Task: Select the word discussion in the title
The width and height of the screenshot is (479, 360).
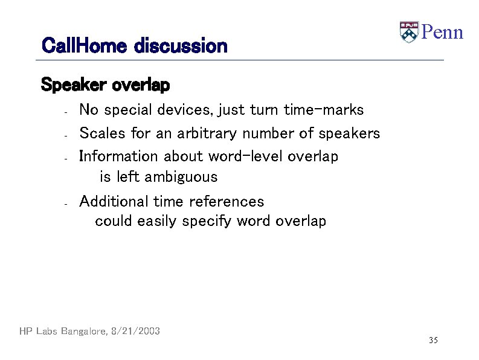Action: click(x=181, y=45)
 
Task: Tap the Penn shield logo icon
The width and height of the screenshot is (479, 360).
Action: click(x=409, y=32)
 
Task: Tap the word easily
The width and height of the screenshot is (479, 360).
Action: click(x=157, y=221)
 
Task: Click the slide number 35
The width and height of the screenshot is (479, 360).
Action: click(x=433, y=341)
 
